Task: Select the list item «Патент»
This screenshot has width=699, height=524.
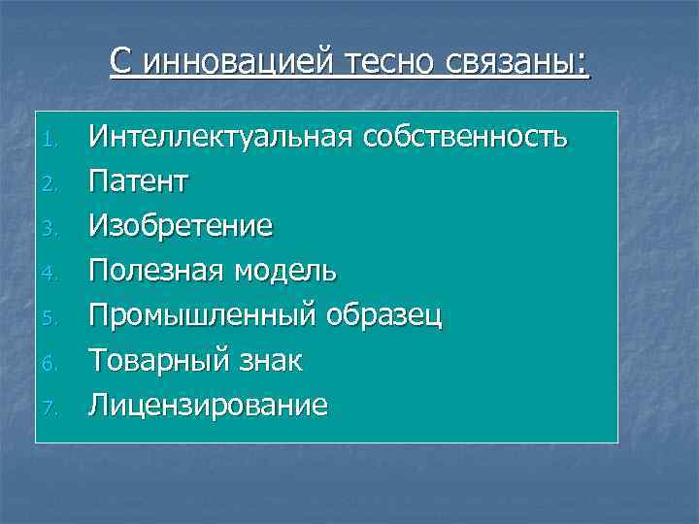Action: click(x=139, y=181)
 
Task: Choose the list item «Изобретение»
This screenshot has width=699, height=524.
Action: click(x=181, y=226)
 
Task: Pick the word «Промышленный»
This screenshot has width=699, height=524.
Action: click(x=200, y=315)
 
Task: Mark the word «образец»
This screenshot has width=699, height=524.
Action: click(x=384, y=315)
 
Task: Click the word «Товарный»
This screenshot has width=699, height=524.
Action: click(x=156, y=360)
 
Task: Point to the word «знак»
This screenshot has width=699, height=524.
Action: click(x=268, y=360)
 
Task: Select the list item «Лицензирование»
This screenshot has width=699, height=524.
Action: click(x=208, y=405)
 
